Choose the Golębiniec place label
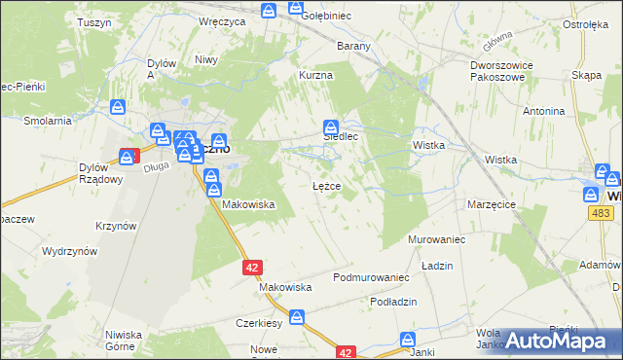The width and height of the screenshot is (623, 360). click(x=326, y=17)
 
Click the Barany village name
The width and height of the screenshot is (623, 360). click(x=353, y=46)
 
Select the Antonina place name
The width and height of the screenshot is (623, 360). click(x=543, y=111)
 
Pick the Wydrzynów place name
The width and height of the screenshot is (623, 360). click(x=69, y=251)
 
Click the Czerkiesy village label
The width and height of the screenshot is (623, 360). click(x=259, y=322)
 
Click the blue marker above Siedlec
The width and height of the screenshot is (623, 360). click(x=331, y=126)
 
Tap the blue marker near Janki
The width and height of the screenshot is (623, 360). click(x=409, y=340)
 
